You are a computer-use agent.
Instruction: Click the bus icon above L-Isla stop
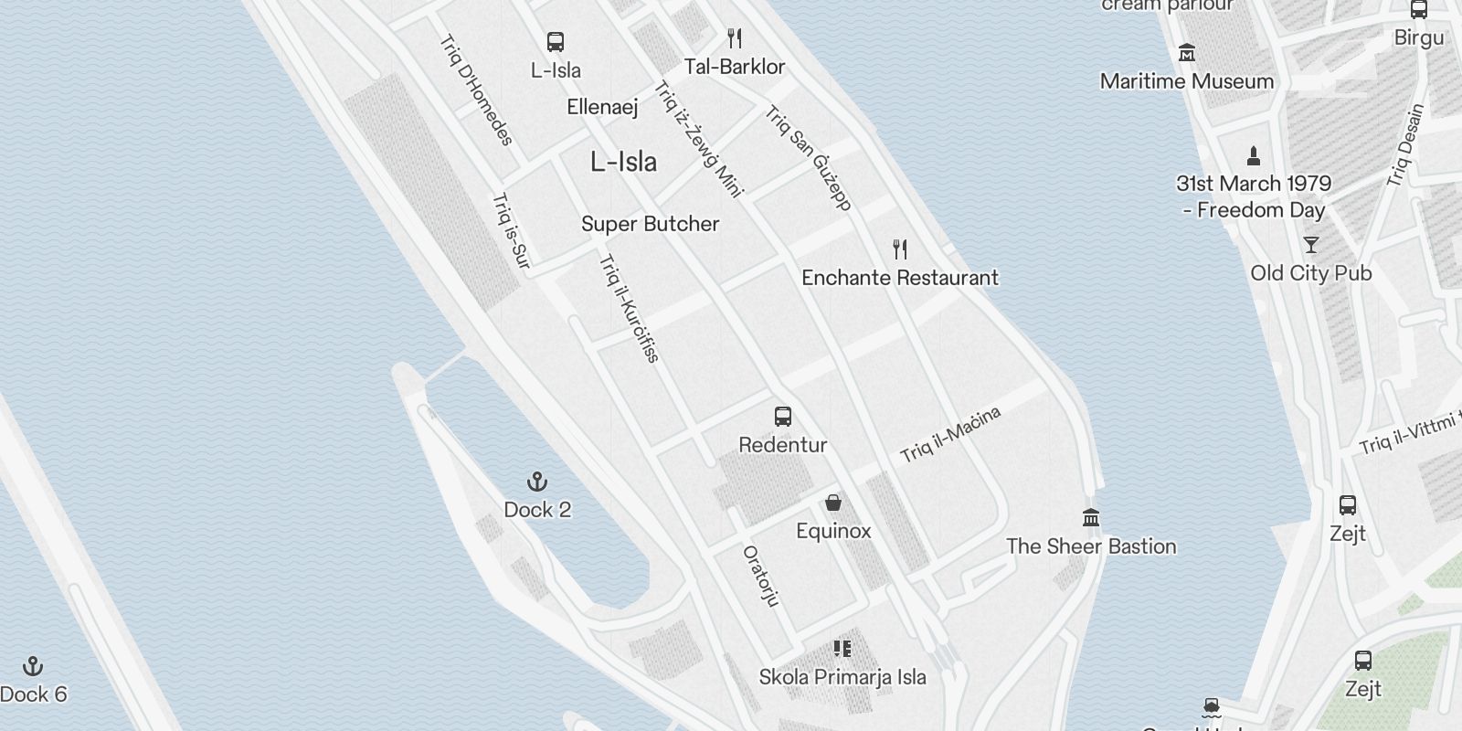556,42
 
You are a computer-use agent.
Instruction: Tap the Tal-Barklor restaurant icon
735,38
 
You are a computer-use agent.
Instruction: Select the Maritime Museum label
1186,81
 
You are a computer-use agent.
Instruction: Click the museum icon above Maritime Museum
1187,53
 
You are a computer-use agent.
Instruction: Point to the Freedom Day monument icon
1254,155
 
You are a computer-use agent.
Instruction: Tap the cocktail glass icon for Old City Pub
1311,245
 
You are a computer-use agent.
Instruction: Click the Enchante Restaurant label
899,278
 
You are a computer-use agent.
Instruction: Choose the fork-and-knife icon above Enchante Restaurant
900,249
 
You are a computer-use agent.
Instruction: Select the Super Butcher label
650,224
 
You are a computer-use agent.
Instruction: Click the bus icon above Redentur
783,417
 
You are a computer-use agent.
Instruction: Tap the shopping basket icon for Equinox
833,503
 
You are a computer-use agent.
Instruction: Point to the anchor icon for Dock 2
537,482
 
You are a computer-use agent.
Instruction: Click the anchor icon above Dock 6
33,666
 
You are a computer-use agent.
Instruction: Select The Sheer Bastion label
1091,546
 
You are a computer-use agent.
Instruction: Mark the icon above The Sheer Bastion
1091,518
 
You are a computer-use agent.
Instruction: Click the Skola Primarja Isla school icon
842,649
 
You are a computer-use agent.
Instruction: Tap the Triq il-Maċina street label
950,434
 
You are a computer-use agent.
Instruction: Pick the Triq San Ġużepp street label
809,158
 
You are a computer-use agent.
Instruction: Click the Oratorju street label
761,576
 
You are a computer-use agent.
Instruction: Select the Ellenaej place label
602,107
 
